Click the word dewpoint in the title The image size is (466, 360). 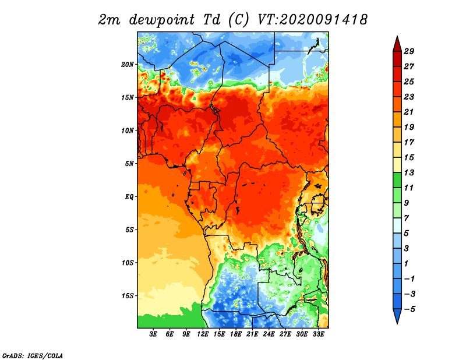coord(162,20)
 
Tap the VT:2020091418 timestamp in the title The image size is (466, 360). coord(312,20)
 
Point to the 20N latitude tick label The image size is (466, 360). coord(128,65)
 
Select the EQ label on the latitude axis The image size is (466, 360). coord(129,197)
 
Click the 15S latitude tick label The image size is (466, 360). coord(128,296)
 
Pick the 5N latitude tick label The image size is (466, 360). coord(129,164)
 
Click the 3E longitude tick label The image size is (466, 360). coord(153,334)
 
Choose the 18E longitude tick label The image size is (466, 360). coord(236,334)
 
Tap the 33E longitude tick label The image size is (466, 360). coord(318,334)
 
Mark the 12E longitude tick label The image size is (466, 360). coord(203,334)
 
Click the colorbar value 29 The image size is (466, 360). coord(409,51)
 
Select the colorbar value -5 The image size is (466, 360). coord(409,309)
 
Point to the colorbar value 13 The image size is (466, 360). coord(409,172)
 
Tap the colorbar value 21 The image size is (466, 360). coord(409,112)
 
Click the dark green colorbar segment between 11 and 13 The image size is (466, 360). coord(397,180)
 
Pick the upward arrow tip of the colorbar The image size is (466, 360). coord(397,36)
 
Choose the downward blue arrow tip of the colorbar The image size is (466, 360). coord(397,324)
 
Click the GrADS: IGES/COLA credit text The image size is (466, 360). coord(33,356)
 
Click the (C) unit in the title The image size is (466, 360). coord(238,20)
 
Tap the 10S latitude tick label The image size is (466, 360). coord(128,263)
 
